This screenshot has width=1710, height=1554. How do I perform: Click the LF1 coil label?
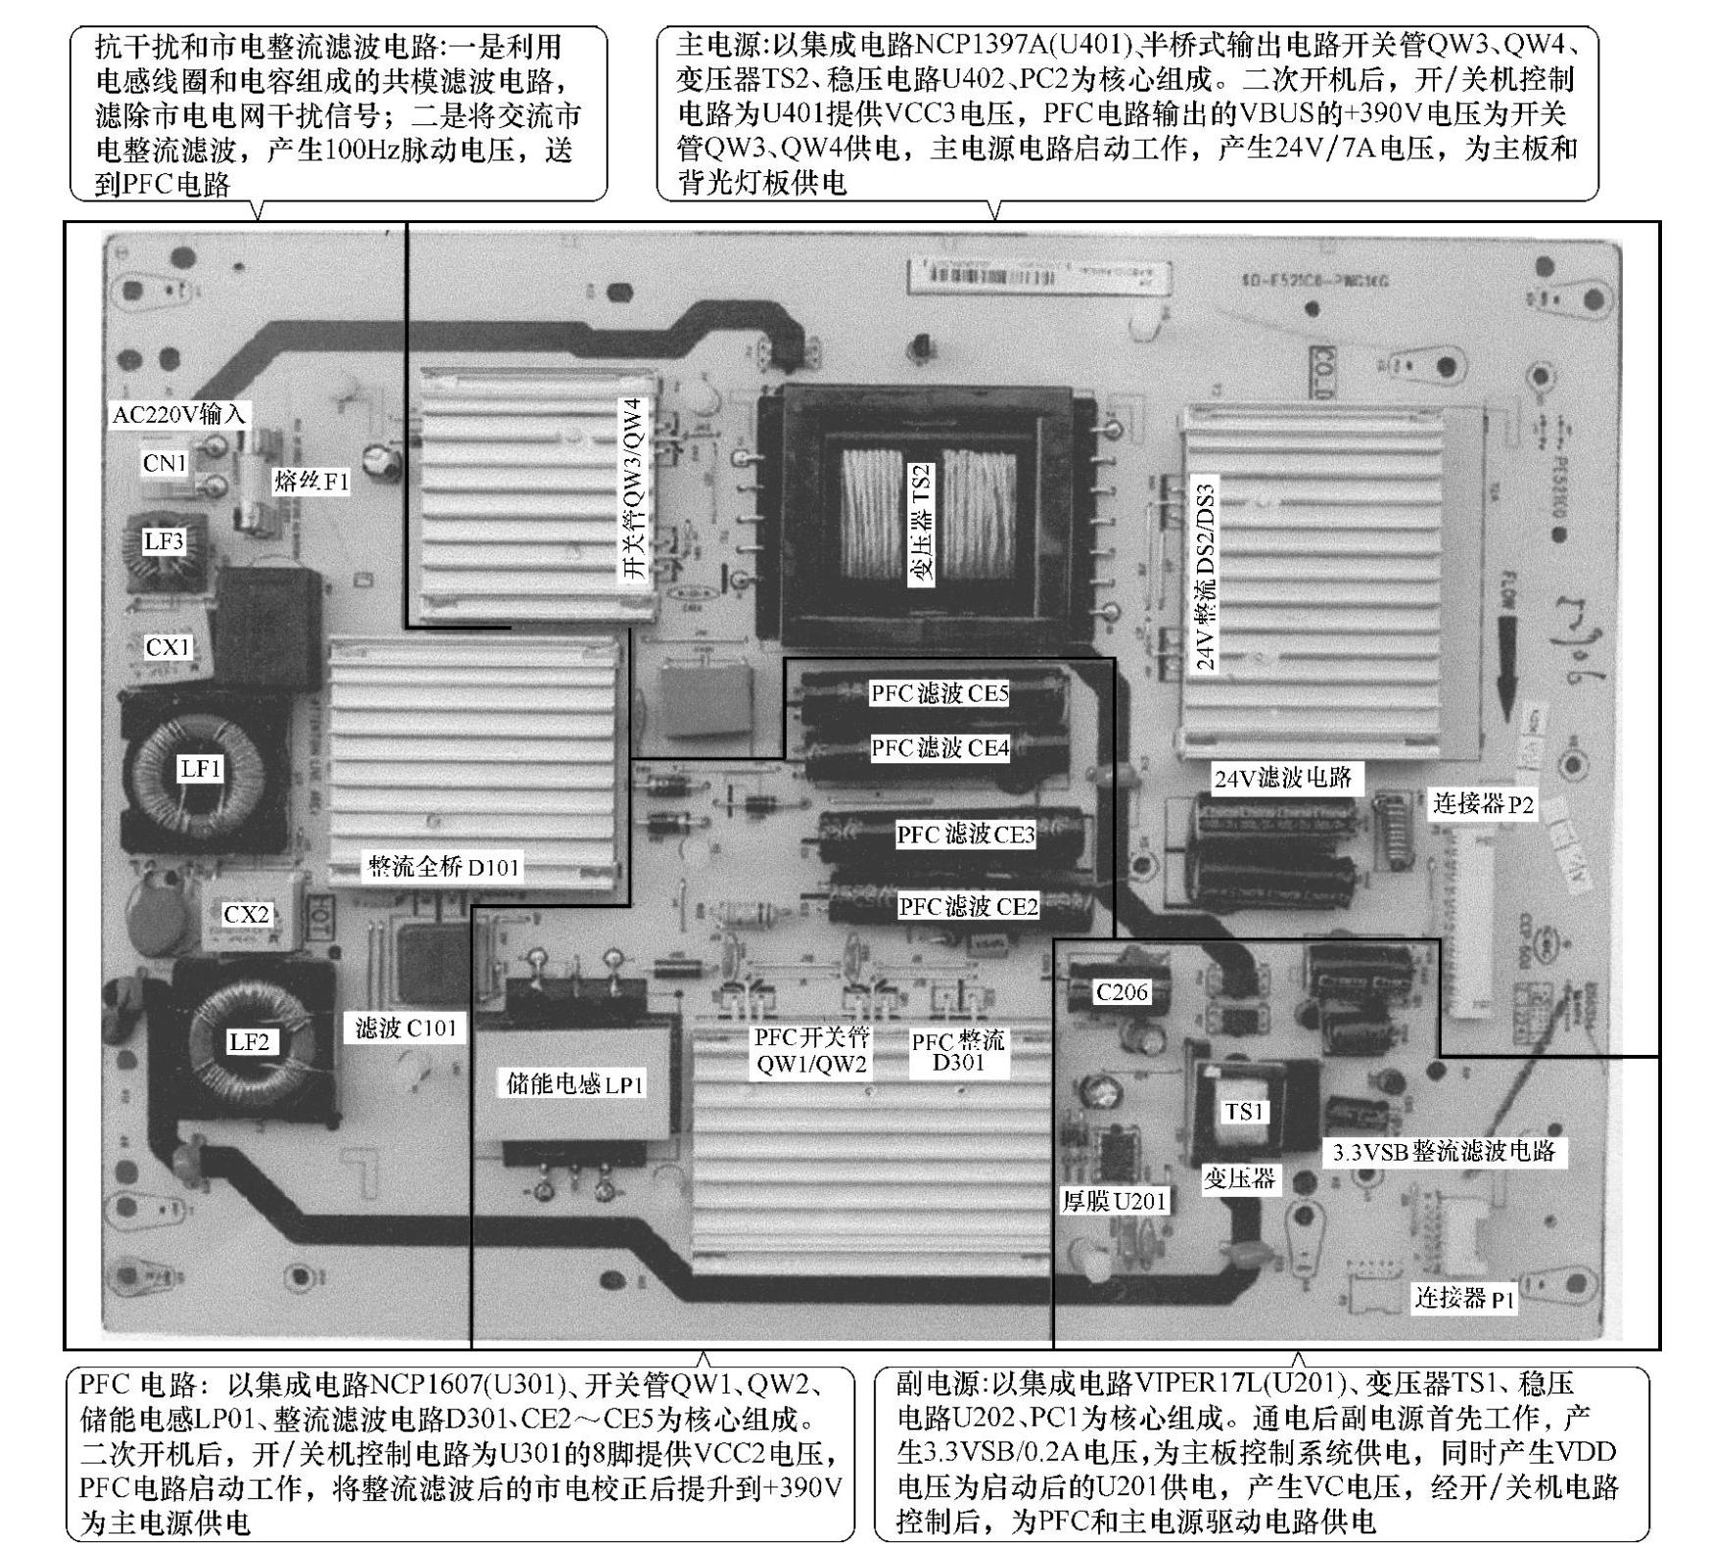pos(201,769)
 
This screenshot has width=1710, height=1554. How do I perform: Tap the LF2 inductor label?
pos(249,1042)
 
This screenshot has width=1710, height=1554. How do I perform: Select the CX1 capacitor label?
pos(167,647)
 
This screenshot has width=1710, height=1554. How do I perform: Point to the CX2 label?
pos(246,915)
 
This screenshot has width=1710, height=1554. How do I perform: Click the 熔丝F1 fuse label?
pos(311,481)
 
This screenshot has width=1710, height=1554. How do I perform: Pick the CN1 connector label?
pos(164,463)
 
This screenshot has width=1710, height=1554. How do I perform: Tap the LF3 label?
pos(163,541)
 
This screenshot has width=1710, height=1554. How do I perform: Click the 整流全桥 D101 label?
pos(443,867)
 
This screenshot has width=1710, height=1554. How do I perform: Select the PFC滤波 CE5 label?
pos(940,694)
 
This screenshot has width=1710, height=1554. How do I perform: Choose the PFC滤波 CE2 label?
pos(968,907)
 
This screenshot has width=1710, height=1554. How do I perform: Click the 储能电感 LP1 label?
pos(575,1084)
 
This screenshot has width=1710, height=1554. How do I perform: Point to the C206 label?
pos(1122,992)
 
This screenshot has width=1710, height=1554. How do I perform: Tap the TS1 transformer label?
pos(1243,1112)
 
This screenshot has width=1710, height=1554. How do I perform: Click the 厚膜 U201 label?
pos(1115,1201)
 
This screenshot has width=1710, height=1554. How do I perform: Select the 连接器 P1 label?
pos(1463,1299)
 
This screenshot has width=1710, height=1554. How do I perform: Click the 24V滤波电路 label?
pos(1283,779)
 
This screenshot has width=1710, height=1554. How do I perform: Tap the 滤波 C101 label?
pos(406,1028)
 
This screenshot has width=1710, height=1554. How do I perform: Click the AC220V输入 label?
pos(178,414)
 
